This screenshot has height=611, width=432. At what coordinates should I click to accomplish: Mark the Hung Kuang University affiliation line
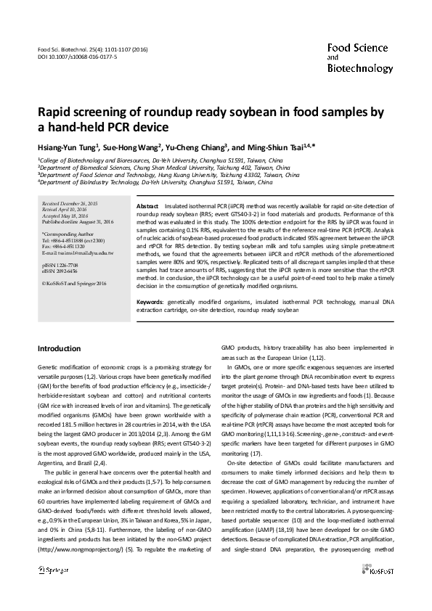point(168,175)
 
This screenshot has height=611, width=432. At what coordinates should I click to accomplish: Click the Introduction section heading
point(59,349)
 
